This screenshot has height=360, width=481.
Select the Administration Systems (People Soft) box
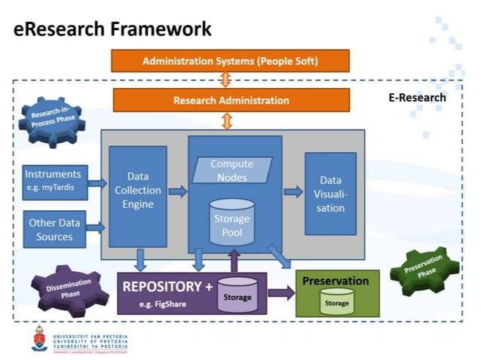[x=230, y=60]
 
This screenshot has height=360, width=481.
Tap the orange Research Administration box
[x=231, y=100]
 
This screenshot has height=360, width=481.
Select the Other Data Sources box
[x=56, y=230]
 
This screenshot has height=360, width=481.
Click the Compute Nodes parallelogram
[x=231, y=170]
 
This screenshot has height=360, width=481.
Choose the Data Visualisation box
[x=330, y=193]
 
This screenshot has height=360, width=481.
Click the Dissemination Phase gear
[x=68, y=290]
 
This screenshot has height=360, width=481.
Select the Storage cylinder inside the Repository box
[x=237, y=294]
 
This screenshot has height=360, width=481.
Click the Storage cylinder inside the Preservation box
[x=336, y=301]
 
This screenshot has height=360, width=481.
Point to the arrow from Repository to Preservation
[x=280, y=293]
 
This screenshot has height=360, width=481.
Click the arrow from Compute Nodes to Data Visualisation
[x=293, y=192]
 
